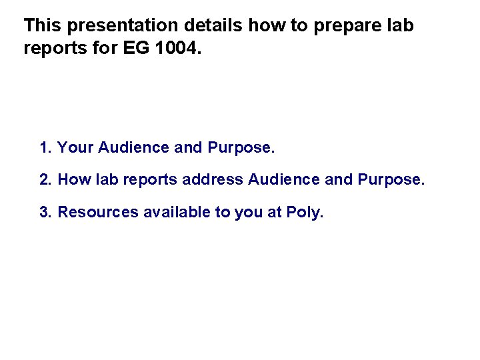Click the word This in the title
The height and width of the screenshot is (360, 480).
click(43, 26)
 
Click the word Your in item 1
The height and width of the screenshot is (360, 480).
click(75, 147)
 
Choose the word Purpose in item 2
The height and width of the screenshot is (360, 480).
click(390, 179)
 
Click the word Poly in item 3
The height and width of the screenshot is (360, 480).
click(304, 213)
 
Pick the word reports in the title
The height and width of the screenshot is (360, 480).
click(51, 49)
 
